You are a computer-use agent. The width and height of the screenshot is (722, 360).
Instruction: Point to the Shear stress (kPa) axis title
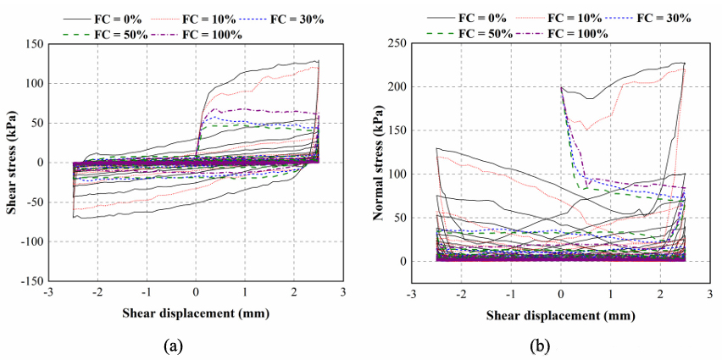coord(13,162)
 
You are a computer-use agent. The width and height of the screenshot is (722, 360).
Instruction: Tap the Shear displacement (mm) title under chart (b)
coord(559,315)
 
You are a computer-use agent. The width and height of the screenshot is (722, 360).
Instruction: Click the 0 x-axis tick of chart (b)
coord(561,293)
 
